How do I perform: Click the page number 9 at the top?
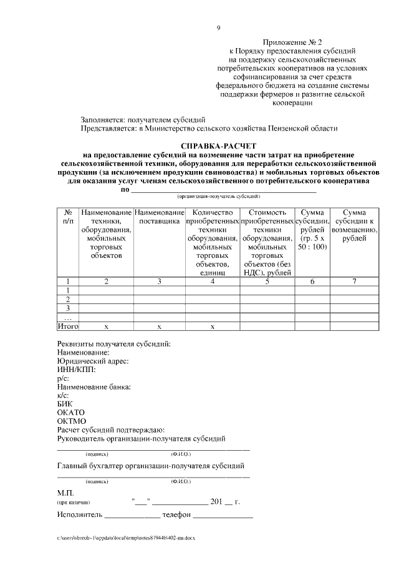pyautogui.click(x=218, y=27)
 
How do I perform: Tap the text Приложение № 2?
pyautogui.click(x=292, y=39)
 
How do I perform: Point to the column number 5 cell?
pyautogui.click(x=266, y=281)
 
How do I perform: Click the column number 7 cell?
pyautogui.click(x=354, y=281)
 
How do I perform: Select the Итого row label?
pyautogui.click(x=67, y=326)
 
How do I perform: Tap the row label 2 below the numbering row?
pyautogui.click(x=67, y=299)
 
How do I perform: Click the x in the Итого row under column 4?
pyautogui.click(x=213, y=326)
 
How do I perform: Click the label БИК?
pyautogui.click(x=65, y=404)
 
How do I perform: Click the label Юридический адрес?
pyautogui.click(x=93, y=361)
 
